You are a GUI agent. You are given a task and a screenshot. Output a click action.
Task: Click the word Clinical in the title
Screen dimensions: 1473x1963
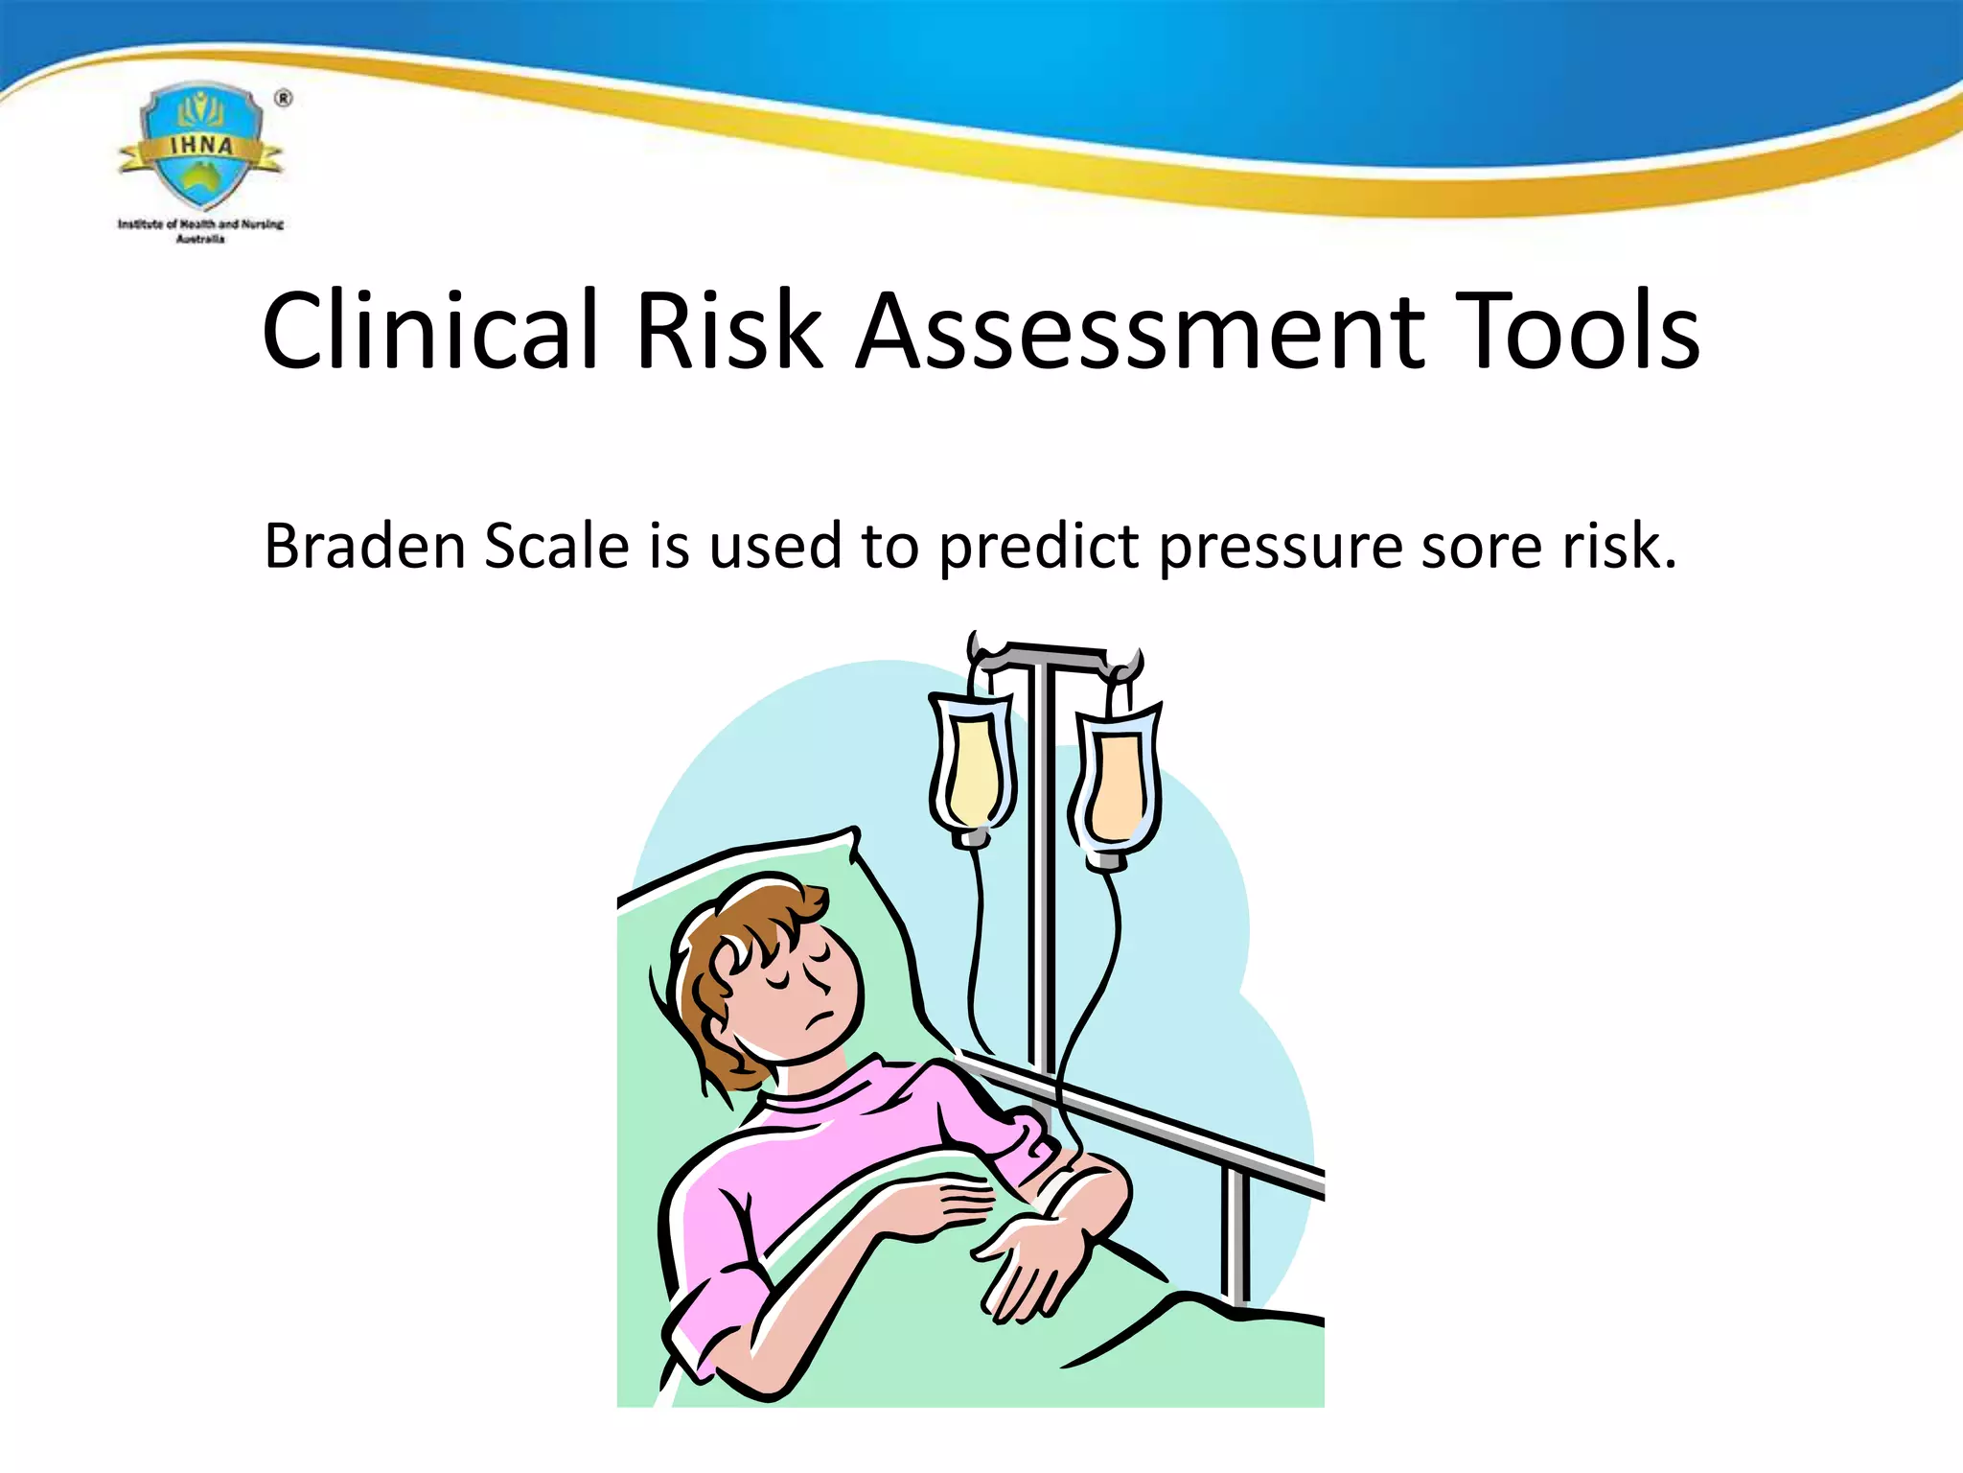coord(429,331)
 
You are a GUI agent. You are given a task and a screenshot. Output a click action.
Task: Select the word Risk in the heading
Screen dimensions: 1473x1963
coord(728,331)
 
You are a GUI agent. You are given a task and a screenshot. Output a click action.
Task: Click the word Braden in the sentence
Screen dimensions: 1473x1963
coord(365,547)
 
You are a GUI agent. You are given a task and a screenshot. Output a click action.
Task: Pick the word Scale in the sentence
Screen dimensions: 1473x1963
coord(556,547)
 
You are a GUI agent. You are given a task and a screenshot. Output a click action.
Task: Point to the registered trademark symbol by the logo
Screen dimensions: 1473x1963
coord(284,98)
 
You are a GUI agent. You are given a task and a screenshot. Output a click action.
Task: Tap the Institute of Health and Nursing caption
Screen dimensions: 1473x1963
coord(200,230)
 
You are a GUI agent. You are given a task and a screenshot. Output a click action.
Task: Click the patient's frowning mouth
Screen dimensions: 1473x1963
coord(818,1018)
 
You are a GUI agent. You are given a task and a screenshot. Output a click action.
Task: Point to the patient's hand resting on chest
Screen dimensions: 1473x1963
coord(944,1204)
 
